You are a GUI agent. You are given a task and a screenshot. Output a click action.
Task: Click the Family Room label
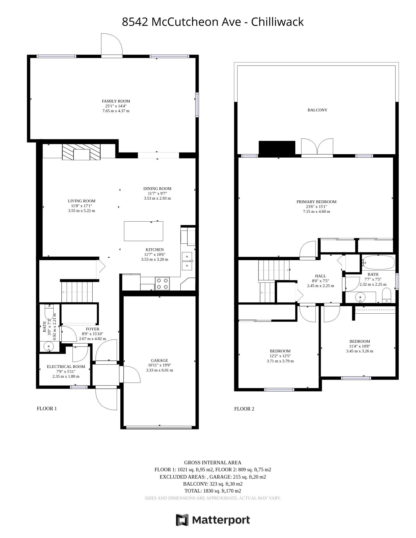tap(116, 101)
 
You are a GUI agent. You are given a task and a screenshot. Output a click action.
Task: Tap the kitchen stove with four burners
tap(163, 284)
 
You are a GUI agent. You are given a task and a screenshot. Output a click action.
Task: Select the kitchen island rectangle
tap(144, 231)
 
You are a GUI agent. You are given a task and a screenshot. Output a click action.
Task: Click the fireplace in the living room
tap(81, 152)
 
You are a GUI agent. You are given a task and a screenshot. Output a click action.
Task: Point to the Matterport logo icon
tap(182, 519)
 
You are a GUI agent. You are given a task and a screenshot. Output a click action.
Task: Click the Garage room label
tap(159, 360)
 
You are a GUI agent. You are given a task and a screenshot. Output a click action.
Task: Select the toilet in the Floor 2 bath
tap(387, 296)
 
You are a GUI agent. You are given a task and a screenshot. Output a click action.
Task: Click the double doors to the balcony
tap(317, 147)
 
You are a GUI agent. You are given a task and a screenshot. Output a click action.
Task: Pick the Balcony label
tap(317, 110)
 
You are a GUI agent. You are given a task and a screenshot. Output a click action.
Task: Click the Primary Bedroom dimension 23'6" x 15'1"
tap(316, 207)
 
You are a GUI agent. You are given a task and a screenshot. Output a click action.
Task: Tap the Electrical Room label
tap(66, 367)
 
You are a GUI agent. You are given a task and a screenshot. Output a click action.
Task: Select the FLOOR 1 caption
tap(47, 409)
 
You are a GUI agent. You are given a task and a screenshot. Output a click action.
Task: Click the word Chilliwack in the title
tap(277, 22)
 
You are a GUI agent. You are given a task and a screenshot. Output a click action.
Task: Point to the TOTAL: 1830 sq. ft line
tap(213, 491)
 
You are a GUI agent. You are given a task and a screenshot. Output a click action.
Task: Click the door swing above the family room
tap(112, 45)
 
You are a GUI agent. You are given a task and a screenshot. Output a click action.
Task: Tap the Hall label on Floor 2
tap(320, 276)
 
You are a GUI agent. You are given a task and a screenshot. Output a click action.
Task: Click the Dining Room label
tap(157, 189)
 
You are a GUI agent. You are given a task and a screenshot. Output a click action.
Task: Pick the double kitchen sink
tap(187, 261)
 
